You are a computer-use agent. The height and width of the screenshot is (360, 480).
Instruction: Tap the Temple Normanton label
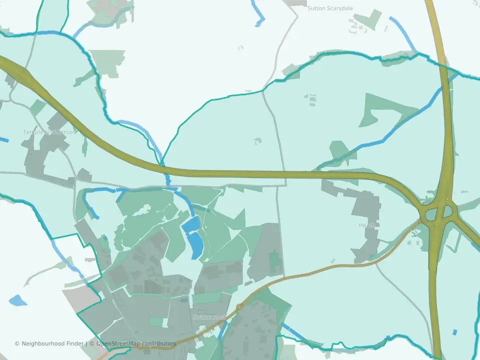point(49,132)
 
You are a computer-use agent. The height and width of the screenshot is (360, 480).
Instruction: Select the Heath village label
point(366,225)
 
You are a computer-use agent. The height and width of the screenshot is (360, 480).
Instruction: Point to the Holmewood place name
point(209,317)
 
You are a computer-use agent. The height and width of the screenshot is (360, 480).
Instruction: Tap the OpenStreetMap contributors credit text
point(136,344)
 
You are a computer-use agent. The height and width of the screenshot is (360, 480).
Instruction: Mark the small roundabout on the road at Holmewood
point(239,306)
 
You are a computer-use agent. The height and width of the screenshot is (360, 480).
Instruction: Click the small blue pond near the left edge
point(17,300)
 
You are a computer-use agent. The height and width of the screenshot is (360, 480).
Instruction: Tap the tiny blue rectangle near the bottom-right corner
point(454,332)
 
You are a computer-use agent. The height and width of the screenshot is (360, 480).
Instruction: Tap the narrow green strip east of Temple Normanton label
point(84,145)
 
